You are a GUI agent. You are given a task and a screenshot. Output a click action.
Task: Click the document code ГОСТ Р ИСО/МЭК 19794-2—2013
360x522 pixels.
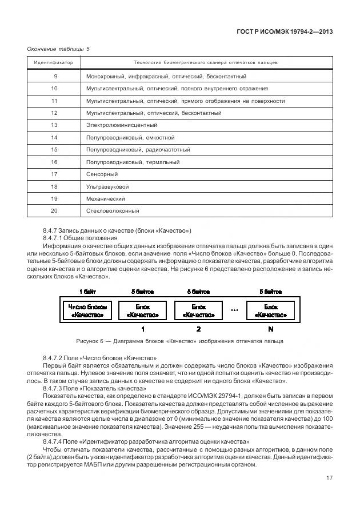283,31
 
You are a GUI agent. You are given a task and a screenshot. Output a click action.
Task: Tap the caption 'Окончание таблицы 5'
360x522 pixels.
58,49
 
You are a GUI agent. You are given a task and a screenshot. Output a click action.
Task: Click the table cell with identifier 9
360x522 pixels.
55,76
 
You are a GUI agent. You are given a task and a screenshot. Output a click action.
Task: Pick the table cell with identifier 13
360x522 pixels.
55,125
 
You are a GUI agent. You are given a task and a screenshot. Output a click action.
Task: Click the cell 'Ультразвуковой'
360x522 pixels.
107,186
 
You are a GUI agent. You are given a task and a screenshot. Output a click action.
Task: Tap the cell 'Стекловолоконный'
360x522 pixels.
112,211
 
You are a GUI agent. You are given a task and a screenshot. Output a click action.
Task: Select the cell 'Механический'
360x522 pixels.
105,199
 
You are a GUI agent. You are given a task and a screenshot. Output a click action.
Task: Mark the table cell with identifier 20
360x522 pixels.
55,211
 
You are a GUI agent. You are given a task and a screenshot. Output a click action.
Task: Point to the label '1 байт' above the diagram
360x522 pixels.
87,292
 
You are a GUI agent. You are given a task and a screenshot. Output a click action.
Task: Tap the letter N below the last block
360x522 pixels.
270,329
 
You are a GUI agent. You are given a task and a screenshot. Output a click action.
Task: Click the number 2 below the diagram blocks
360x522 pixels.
198,329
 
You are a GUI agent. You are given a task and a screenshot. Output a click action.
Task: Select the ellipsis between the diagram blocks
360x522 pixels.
234,310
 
